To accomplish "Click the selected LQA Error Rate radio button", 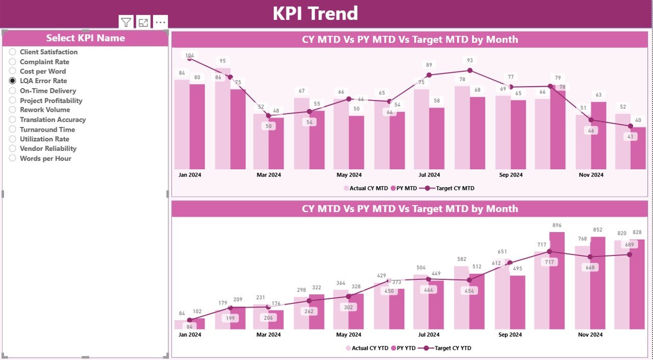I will point(13,81).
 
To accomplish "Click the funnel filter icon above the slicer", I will point(126,22).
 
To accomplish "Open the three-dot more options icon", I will point(160,22).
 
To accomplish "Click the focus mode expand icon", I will point(143,22).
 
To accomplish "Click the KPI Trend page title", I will point(315,14).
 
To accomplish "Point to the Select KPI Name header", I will point(85,38).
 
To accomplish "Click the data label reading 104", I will point(190,56).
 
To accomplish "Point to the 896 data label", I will point(557,225).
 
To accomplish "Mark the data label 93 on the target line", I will point(470,61).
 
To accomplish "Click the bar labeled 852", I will point(597,283).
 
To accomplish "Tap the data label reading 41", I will point(631,137).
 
